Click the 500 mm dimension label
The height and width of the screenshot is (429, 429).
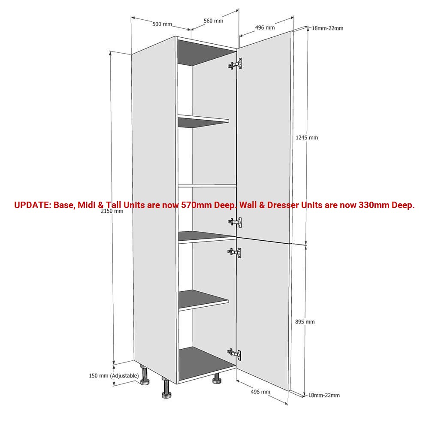coord(162,24)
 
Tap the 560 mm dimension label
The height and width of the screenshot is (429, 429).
coord(213,21)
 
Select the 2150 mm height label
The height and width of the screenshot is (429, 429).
coord(112,211)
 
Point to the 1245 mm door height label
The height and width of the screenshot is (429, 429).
coord(307,138)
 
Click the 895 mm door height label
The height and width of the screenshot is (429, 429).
coord(305,322)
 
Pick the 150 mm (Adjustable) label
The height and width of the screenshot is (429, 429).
coord(114,376)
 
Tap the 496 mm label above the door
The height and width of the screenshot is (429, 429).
coord(265,27)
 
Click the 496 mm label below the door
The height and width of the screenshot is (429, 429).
coord(260,392)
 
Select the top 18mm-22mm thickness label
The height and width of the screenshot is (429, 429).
coord(327,28)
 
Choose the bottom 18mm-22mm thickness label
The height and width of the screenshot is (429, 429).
coord(324,395)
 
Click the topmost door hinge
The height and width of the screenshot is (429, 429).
coord(235,64)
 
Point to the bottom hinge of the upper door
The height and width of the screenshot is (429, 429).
coord(235,222)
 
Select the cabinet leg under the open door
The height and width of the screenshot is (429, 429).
coord(217,378)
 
